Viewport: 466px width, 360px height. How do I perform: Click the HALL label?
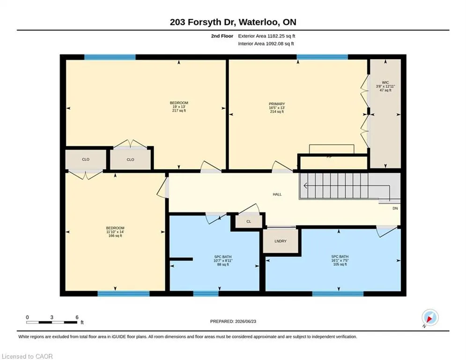click(277, 194)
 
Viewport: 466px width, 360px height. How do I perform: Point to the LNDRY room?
click(281, 241)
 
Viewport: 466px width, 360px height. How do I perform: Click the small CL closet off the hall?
click(249, 221)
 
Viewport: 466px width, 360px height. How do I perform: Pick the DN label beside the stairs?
click(395, 208)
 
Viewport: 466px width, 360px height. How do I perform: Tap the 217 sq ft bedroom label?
click(179, 106)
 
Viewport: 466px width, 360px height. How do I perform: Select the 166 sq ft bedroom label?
click(115, 232)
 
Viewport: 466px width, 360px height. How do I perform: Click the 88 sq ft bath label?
click(223, 261)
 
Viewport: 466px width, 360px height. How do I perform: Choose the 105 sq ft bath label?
click(340, 260)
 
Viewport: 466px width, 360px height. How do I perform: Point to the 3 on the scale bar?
click(52, 317)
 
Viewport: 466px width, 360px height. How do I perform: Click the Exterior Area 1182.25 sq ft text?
click(266, 36)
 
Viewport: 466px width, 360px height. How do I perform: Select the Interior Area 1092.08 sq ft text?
click(266, 44)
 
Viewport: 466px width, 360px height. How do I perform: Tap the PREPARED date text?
click(233, 321)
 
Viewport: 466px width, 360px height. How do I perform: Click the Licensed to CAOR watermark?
click(27, 356)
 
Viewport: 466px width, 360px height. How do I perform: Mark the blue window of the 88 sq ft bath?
click(206, 293)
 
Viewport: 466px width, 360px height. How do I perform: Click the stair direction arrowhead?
click(305, 186)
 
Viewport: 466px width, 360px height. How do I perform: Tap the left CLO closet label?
click(86, 159)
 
